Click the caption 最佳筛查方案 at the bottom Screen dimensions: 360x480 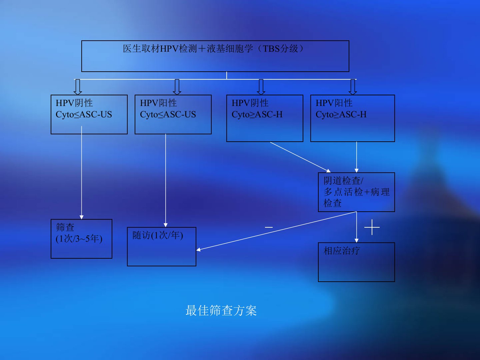(x=221, y=311)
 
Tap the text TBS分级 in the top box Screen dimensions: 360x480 (x=280, y=49)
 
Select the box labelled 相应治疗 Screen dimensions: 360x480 (x=356, y=262)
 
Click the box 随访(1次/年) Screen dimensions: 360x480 (x=162, y=247)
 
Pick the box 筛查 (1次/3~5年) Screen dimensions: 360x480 (x=81, y=239)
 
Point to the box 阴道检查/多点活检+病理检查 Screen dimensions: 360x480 (x=356, y=192)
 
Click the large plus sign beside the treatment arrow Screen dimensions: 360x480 (x=372, y=228)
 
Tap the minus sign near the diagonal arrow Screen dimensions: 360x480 (x=269, y=227)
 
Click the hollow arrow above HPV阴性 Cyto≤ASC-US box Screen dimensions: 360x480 (x=78, y=87)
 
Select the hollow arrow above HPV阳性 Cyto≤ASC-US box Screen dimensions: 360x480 (x=177, y=87)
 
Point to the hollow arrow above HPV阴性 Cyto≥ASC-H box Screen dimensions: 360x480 (x=261, y=87)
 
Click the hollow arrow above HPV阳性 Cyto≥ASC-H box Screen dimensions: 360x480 (x=353, y=87)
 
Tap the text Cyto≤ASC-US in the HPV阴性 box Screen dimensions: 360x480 (x=84, y=115)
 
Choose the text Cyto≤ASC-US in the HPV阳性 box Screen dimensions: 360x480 (x=168, y=115)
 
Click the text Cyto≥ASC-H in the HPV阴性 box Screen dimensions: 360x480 (x=257, y=115)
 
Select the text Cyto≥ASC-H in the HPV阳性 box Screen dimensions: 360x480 (x=341, y=115)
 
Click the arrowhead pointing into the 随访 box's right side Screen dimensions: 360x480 (x=199, y=249)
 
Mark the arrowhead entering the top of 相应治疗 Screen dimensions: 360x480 (x=357, y=240)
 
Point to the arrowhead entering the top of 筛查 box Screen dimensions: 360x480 (x=81, y=217)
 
